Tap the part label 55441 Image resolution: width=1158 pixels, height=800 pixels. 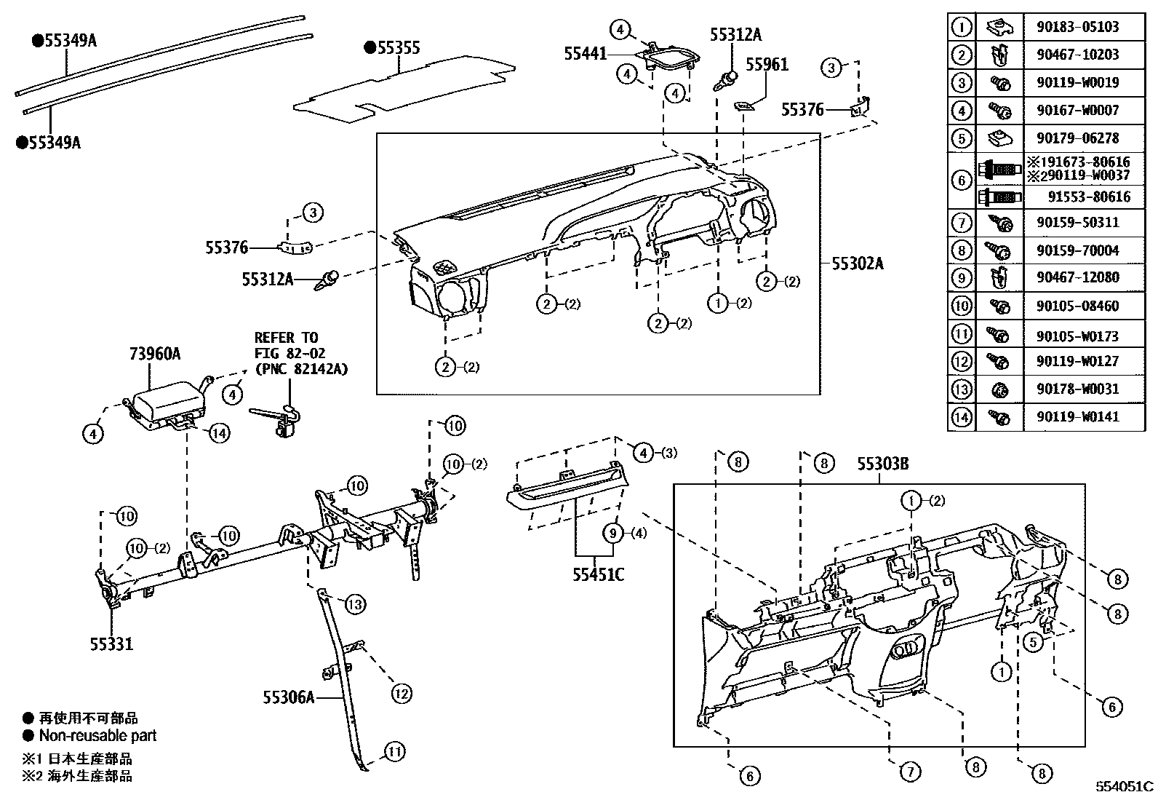[x=585, y=53]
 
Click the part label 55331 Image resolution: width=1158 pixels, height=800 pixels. [x=111, y=643]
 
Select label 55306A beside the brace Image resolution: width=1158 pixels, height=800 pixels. [x=289, y=697]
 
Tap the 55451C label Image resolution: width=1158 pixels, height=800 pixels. [x=597, y=575]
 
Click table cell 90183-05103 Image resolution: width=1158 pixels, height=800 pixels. [x=1077, y=27]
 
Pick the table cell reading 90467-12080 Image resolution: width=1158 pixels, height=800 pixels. [x=1077, y=277]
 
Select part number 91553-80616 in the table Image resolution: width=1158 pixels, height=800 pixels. [x=1088, y=197]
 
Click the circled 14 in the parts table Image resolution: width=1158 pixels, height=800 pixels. [x=961, y=416]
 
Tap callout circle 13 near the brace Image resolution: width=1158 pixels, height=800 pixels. [x=355, y=603]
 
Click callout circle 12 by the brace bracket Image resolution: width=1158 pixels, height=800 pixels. [x=402, y=693]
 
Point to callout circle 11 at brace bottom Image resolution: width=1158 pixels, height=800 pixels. [x=394, y=751]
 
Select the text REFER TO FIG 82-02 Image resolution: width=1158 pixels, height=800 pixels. [x=287, y=346]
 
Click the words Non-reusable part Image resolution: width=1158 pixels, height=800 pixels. [x=97, y=735]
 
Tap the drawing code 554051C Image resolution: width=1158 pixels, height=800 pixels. [x=1125, y=786]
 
